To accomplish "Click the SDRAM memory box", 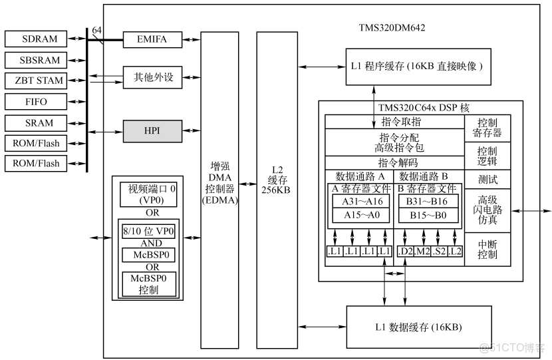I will pos(41,39).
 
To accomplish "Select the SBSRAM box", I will pos(41,60).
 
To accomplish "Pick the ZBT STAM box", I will pos(41,81).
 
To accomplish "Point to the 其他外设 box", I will pos(153,77).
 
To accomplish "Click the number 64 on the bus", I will pos(97,31).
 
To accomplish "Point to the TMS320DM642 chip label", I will pos(392,29).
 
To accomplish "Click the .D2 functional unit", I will pos(404,251).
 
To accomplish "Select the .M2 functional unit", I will pos(422,251).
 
